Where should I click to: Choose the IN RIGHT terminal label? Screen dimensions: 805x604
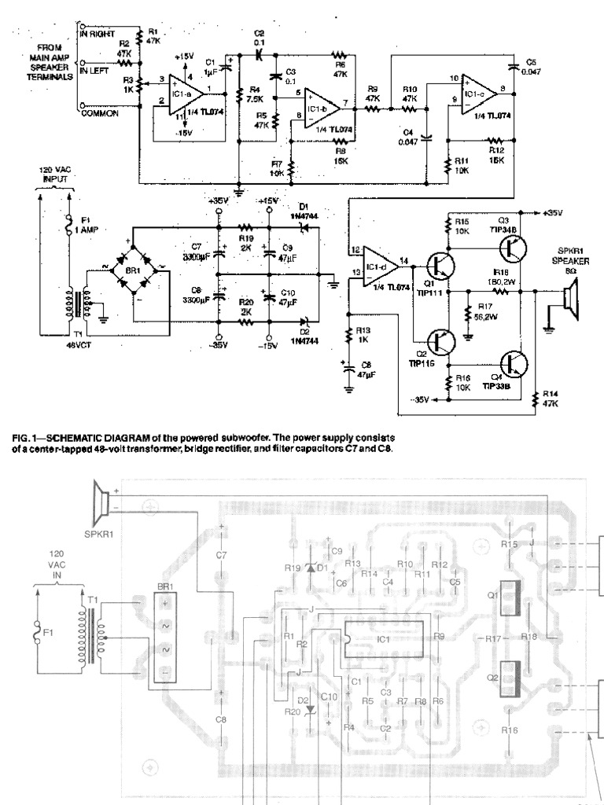click(98, 34)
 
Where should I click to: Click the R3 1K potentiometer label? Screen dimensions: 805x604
click(129, 86)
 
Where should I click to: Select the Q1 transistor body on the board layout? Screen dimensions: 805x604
click(508, 595)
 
